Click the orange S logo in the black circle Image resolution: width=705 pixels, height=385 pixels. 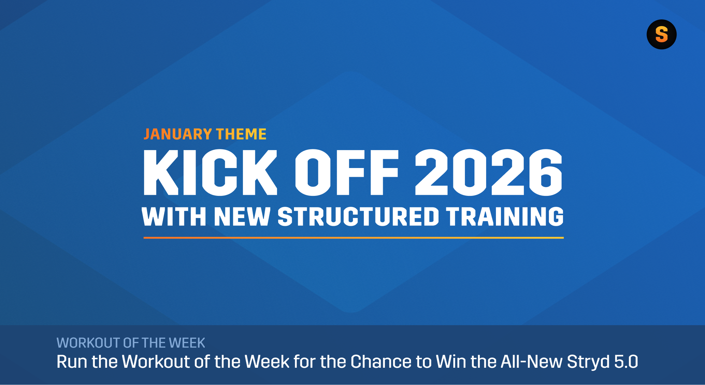pos(661,35)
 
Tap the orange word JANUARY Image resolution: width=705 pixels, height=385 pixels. pos(178,134)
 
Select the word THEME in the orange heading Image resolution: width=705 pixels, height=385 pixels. pos(241,134)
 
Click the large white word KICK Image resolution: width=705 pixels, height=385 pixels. pos(210,172)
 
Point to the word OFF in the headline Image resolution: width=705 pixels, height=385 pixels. pos(347,172)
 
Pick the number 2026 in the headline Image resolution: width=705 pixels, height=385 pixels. pos(488,172)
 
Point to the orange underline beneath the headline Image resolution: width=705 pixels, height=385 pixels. pos(354,238)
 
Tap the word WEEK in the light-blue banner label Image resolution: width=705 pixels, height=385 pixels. pos(187,343)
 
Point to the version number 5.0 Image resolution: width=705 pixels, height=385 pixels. pos(626,362)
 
